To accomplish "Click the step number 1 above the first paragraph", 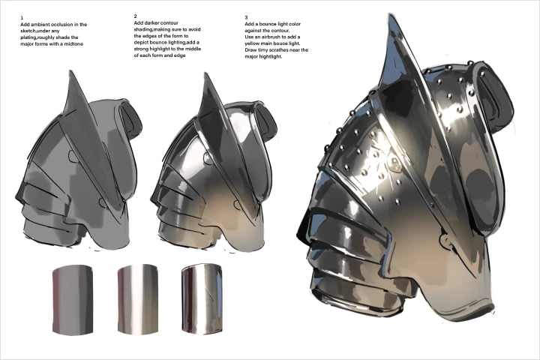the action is pyautogui.click(x=22, y=17).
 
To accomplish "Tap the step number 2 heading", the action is pyautogui.click(x=135, y=16).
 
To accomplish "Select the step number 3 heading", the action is pyautogui.click(x=246, y=17).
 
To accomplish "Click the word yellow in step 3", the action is pyautogui.click(x=253, y=43).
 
